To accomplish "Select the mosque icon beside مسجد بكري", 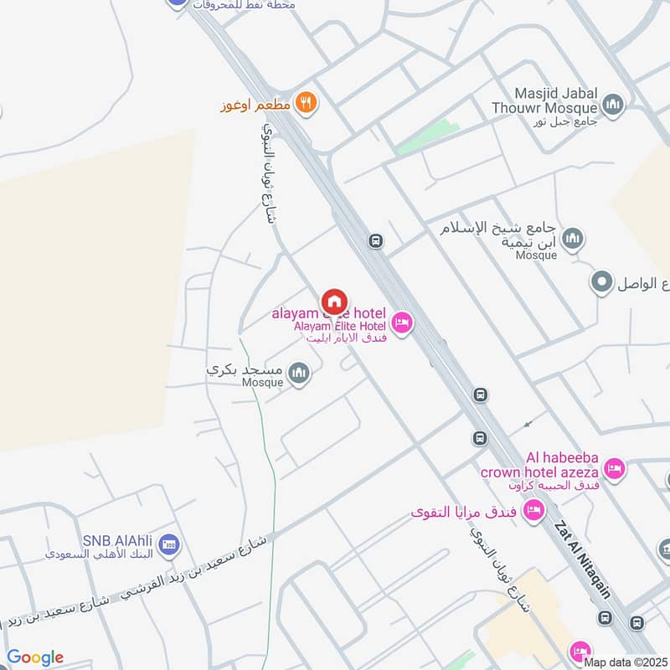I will pos(299,374).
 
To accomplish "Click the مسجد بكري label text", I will pos(246,369).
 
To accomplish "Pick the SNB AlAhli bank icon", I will pos(168,544).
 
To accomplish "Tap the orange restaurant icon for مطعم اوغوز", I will pos(307,103).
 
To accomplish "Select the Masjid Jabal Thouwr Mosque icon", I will pos(614,106).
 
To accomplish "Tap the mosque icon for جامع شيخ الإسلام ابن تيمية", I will pos(574,239).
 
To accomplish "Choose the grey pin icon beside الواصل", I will pos(600,282).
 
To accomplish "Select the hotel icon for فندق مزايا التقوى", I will pos(533,510).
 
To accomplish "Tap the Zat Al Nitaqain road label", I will pos(582,561).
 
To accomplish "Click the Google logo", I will pos(35,657).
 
